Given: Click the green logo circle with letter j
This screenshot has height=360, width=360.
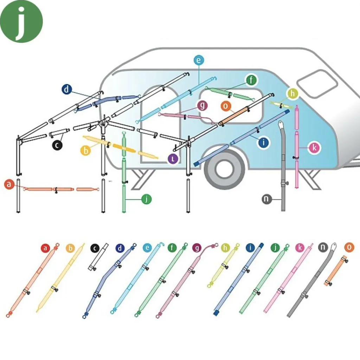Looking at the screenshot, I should click(21, 21).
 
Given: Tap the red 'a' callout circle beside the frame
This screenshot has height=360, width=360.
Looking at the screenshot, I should click(9, 184).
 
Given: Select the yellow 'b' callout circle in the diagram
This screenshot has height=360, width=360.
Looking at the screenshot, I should click(86, 150).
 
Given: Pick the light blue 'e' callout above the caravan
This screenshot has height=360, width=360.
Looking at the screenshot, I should click(199, 60).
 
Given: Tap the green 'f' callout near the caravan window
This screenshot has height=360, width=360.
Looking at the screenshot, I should click(251, 81).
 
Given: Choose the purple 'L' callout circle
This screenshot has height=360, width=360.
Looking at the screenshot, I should click(173, 159).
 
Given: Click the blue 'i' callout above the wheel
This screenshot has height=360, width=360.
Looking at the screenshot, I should click(263, 142).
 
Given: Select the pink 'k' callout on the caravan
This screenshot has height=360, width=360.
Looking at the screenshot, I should click(315, 148).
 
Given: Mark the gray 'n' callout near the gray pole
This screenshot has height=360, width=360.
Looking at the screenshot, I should click(267, 199).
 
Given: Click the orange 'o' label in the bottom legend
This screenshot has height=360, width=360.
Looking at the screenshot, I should click(349, 247).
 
